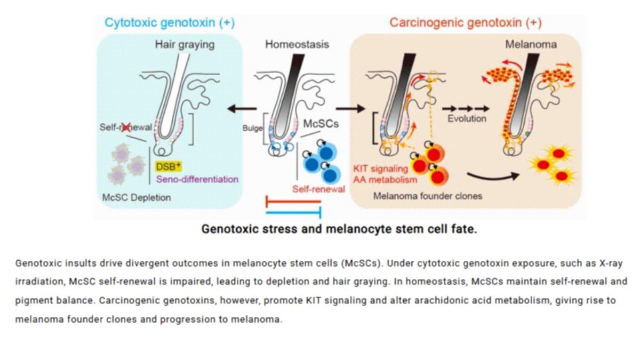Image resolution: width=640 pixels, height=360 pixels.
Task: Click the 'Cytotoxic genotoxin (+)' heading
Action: pyautogui.click(x=170, y=23)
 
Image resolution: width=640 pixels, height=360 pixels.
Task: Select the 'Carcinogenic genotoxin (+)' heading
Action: pyautogui.click(x=466, y=23)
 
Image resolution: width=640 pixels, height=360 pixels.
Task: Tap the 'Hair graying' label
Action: pyautogui.click(x=185, y=45)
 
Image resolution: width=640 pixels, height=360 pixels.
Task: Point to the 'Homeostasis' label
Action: pyautogui.click(x=297, y=44)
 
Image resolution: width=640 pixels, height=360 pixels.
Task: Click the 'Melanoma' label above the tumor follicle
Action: pyautogui.click(x=531, y=44)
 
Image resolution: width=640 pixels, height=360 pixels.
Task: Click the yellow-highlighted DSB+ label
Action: pyautogui.click(x=169, y=166)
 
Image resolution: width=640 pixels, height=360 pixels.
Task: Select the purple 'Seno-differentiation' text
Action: pyautogui.click(x=197, y=179)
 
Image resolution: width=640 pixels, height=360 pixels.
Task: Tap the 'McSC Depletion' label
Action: pyautogui.click(x=137, y=197)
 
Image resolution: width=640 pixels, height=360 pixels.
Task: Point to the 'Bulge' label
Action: pyautogui.click(x=252, y=128)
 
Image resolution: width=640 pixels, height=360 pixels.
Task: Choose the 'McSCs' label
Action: pyautogui.click(x=321, y=124)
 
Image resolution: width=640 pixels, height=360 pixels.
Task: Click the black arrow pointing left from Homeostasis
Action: pyautogui.click(x=242, y=109)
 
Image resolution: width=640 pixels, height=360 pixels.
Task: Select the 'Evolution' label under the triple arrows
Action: pyautogui.click(x=467, y=118)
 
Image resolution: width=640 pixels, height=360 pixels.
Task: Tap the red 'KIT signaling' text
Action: pyautogui.click(x=381, y=169)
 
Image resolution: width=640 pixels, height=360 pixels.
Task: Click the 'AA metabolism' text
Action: pyautogui.click(x=385, y=180)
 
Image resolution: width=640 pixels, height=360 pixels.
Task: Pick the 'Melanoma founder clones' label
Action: pyautogui.click(x=428, y=196)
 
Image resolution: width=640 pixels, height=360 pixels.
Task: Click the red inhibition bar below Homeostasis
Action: pyautogui.click(x=293, y=202)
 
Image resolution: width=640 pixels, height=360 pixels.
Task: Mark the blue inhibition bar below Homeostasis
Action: pyautogui.click(x=293, y=213)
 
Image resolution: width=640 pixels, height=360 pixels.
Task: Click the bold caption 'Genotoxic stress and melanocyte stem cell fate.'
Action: pyautogui.click(x=339, y=229)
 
